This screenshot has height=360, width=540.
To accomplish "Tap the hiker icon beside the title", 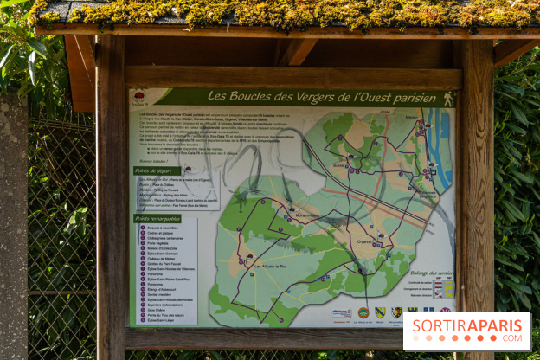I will click(448, 99).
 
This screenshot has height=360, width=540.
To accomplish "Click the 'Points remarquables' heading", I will click(158, 219).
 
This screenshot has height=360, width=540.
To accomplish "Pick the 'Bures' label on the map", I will click(338, 165).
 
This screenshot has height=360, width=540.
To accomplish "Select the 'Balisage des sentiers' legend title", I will click(430, 273).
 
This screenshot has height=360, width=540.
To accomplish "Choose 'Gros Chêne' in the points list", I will click(157, 308).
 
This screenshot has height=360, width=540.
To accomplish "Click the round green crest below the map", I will click(363, 312).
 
